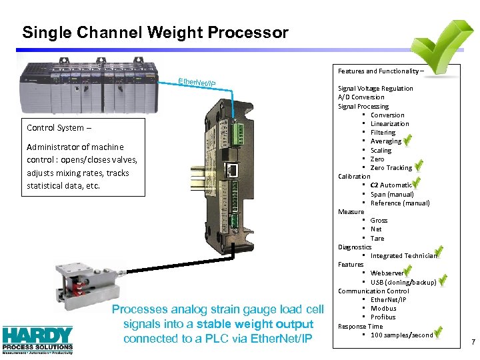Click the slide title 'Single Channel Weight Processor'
click(155, 32)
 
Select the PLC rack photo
click(83, 86)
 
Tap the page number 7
click(473, 343)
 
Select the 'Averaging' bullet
click(386, 141)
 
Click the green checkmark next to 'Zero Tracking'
click(419, 165)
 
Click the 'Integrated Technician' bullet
click(403, 256)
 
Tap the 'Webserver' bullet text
click(387, 273)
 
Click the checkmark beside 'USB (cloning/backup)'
click(443, 280)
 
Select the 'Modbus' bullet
click(383, 309)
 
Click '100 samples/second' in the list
click(401, 335)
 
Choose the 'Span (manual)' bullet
click(392, 194)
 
